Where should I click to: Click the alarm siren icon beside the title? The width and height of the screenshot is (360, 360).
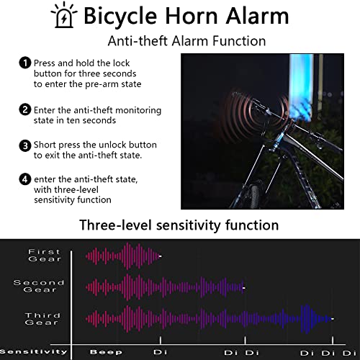[64, 15]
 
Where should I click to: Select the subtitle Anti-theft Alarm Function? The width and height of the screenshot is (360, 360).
[186, 41]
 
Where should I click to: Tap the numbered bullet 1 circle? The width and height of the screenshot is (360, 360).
[25, 63]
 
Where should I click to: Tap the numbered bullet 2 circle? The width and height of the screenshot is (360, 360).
[25, 109]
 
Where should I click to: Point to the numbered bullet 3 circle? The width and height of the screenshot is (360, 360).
[25, 145]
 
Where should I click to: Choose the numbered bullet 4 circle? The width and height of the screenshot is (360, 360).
[25, 179]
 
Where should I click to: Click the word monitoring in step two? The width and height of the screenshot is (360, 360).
[138, 111]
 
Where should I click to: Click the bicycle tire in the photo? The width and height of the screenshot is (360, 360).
[254, 197]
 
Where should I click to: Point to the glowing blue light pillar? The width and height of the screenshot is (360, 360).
[301, 86]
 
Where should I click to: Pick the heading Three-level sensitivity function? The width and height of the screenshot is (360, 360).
[179, 225]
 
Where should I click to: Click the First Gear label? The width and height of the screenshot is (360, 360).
[45, 256]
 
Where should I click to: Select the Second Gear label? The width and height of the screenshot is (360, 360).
[39, 286]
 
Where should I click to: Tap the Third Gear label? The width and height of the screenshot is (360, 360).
[42, 319]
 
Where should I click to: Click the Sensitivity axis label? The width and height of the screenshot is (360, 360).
[34, 352]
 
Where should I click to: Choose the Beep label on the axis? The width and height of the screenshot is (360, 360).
[106, 352]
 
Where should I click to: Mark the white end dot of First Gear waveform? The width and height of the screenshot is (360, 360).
[160, 256]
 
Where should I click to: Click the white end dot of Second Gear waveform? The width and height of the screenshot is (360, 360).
[244, 288]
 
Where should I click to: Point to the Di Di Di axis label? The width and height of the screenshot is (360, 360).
[328, 353]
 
